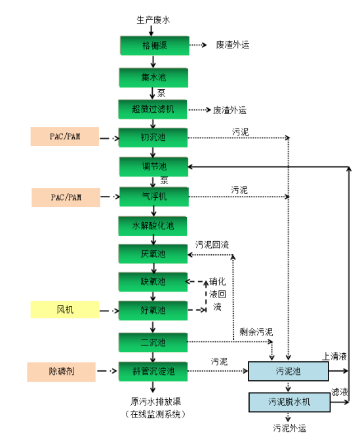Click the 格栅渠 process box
click(x=153, y=45)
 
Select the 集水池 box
click(x=153, y=77)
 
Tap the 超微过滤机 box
click(x=153, y=109)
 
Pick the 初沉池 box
click(x=153, y=138)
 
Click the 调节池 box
click(x=153, y=166)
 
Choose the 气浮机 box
click(x=153, y=196)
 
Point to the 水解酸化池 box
click(x=153, y=226)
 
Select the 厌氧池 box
click(x=153, y=254)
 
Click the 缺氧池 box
click(x=153, y=282)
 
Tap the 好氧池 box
click(x=153, y=310)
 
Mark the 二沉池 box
click(x=153, y=342)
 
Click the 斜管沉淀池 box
click(x=153, y=372)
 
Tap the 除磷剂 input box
click(x=62, y=372)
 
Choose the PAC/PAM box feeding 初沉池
click(x=64, y=137)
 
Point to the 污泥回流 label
click(x=212, y=245)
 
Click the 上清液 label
click(x=334, y=356)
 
